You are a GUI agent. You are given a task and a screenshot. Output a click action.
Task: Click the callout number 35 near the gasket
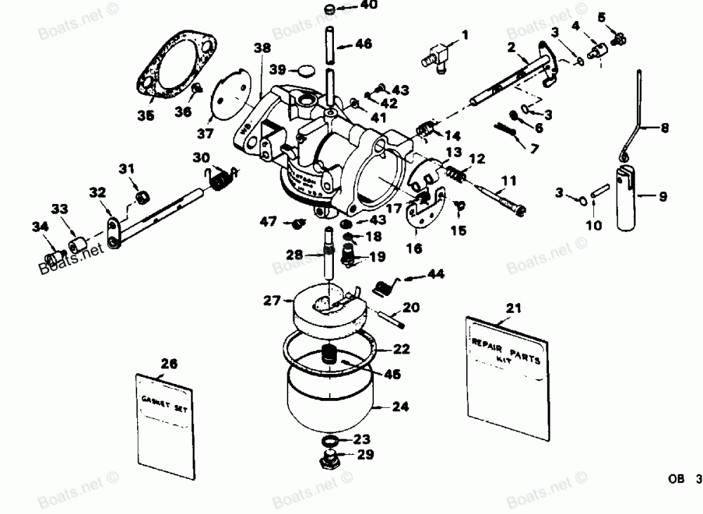click(146, 116)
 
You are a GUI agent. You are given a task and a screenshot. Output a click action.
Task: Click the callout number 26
click(169, 364)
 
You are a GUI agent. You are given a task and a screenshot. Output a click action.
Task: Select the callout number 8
click(664, 129)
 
